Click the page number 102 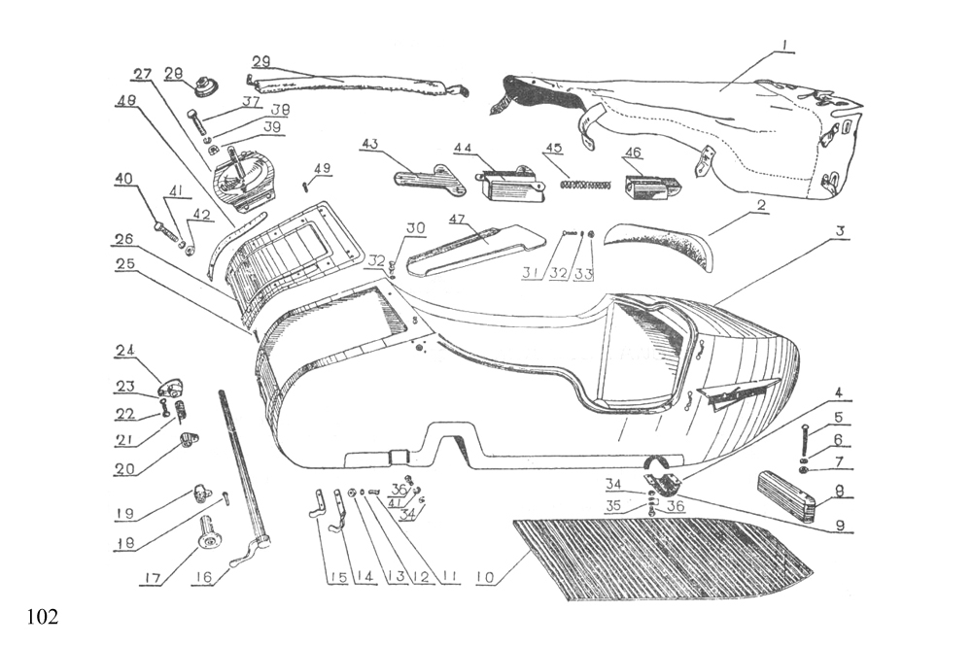pos(42,617)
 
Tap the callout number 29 pos(260,60)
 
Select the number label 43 pos(369,145)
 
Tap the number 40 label pos(122,179)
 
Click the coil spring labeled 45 pos(576,181)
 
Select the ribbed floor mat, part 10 pos(661,559)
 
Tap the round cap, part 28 pos(204,86)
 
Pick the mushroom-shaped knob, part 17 pos(208,532)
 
